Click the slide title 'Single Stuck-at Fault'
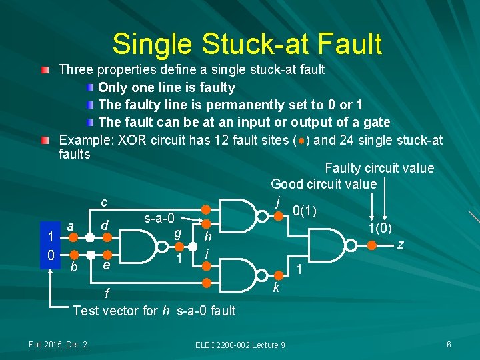(247, 44)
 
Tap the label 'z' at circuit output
(399, 245)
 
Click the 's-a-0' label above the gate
(159, 218)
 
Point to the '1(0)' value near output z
(379, 228)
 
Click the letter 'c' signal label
(104, 203)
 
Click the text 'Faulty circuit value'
(379, 169)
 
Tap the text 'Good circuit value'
(323, 184)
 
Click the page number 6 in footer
(449, 344)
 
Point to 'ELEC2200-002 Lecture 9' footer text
(240, 345)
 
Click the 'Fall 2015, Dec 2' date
(58, 344)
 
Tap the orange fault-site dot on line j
(279, 215)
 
